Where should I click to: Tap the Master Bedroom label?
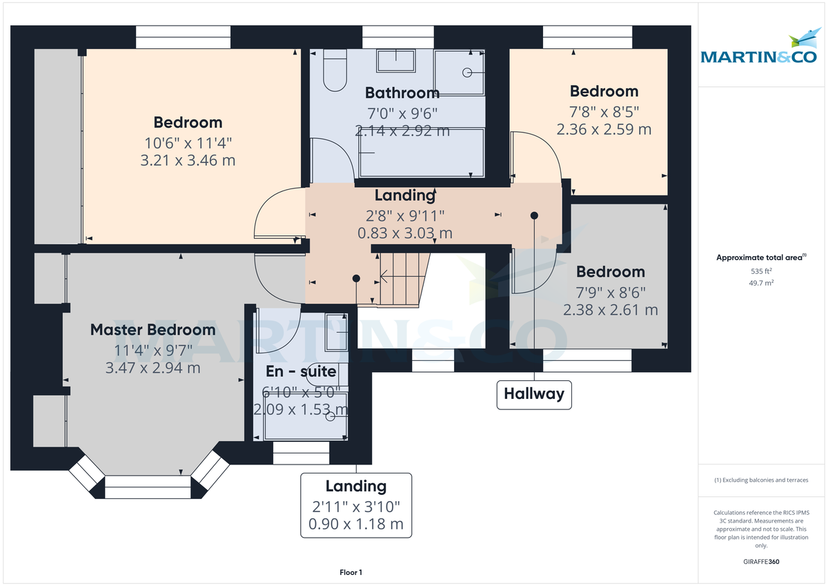pyautogui.click(x=153, y=330)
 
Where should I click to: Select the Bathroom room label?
pyautogui.click(x=402, y=92)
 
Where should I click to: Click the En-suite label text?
pyautogui.click(x=302, y=371)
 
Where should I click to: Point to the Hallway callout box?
pyautogui.click(x=534, y=394)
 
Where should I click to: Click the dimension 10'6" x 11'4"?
pyautogui.click(x=188, y=143)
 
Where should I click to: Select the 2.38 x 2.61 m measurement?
pyautogui.click(x=611, y=310)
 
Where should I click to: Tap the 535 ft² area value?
pyautogui.click(x=761, y=271)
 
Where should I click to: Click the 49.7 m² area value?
pyautogui.click(x=761, y=283)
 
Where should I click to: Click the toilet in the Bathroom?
pyautogui.click(x=335, y=72)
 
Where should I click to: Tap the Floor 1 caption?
pyautogui.click(x=351, y=572)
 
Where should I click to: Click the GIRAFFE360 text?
pyautogui.click(x=761, y=562)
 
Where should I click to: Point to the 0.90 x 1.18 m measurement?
pyautogui.click(x=357, y=524)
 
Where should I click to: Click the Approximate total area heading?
pyautogui.click(x=761, y=257)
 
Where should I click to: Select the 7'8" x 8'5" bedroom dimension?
pyautogui.click(x=604, y=111)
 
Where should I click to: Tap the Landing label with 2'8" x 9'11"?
pyautogui.click(x=405, y=196)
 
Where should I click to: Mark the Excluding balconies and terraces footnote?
pyautogui.click(x=761, y=480)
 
